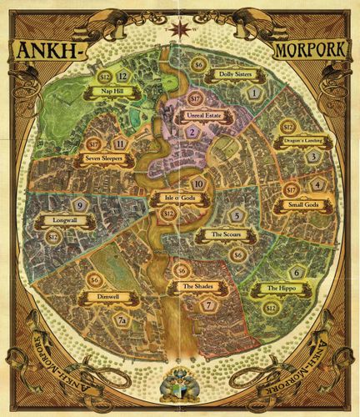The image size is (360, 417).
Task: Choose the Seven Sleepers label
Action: tap(98, 163)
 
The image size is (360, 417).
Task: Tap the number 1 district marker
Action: tap(255, 96)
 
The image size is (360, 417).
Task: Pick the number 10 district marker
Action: tap(197, 183)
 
